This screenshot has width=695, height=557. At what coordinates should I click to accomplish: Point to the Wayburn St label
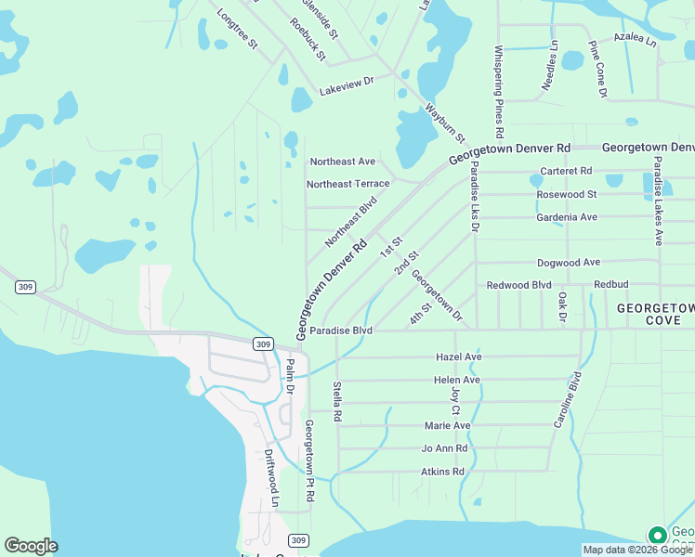point(445,122)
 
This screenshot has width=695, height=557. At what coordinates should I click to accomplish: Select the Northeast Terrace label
point(348,184)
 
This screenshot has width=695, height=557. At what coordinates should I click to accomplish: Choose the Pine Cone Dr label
point(597,70)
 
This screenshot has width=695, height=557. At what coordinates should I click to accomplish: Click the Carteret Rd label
point(566,172)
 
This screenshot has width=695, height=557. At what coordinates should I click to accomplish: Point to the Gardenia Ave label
point(567,217)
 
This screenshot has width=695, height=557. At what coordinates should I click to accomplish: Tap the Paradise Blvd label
point(341,330)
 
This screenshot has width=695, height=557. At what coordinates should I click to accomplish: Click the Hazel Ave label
point(459,356)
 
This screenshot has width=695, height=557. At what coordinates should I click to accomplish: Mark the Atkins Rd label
point(442,472)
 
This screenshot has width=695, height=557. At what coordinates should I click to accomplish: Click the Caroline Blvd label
point(568,400)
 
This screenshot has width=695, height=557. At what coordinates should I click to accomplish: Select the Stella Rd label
point(337,400)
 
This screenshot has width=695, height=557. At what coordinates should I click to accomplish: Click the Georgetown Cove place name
point(656,314)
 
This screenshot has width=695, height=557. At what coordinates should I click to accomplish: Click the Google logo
point(31,546)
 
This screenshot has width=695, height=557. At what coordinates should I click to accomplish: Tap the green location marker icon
point(658,536)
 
